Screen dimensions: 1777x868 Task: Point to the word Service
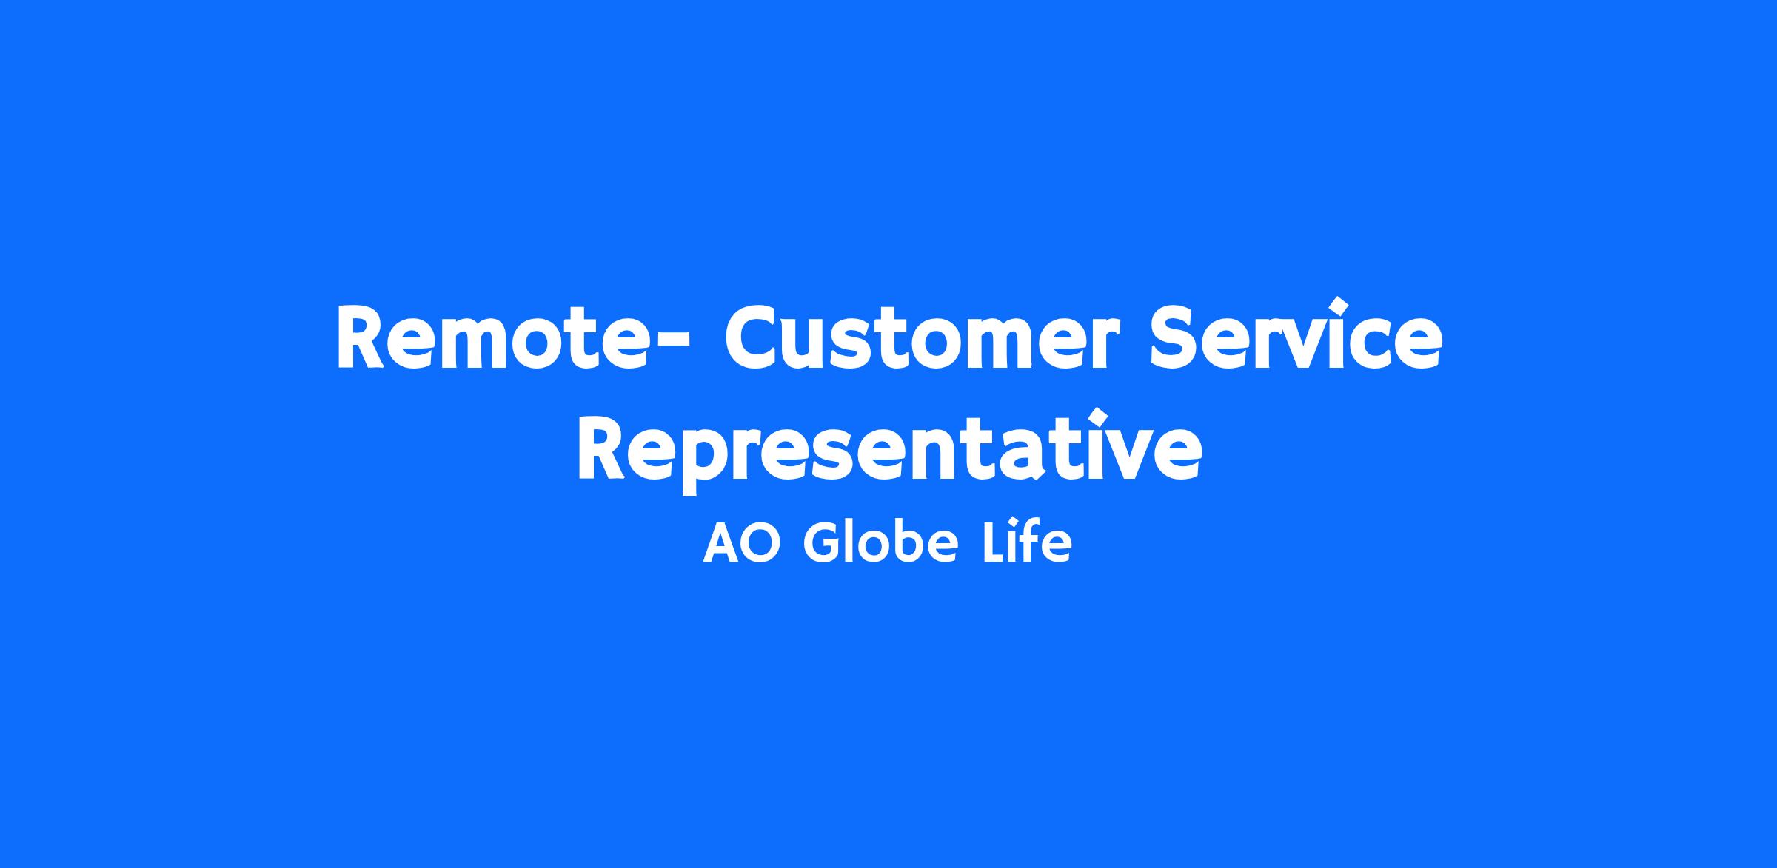(x=1296, y=334)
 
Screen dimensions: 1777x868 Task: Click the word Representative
(x=889, y=448)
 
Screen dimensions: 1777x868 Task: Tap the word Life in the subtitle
(x=1026, y=544)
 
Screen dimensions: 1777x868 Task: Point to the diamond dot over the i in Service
(x=1338, y=305)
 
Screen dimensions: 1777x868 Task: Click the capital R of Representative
(x=602, y=448)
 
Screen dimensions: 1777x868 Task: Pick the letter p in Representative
(x=707, y=459)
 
